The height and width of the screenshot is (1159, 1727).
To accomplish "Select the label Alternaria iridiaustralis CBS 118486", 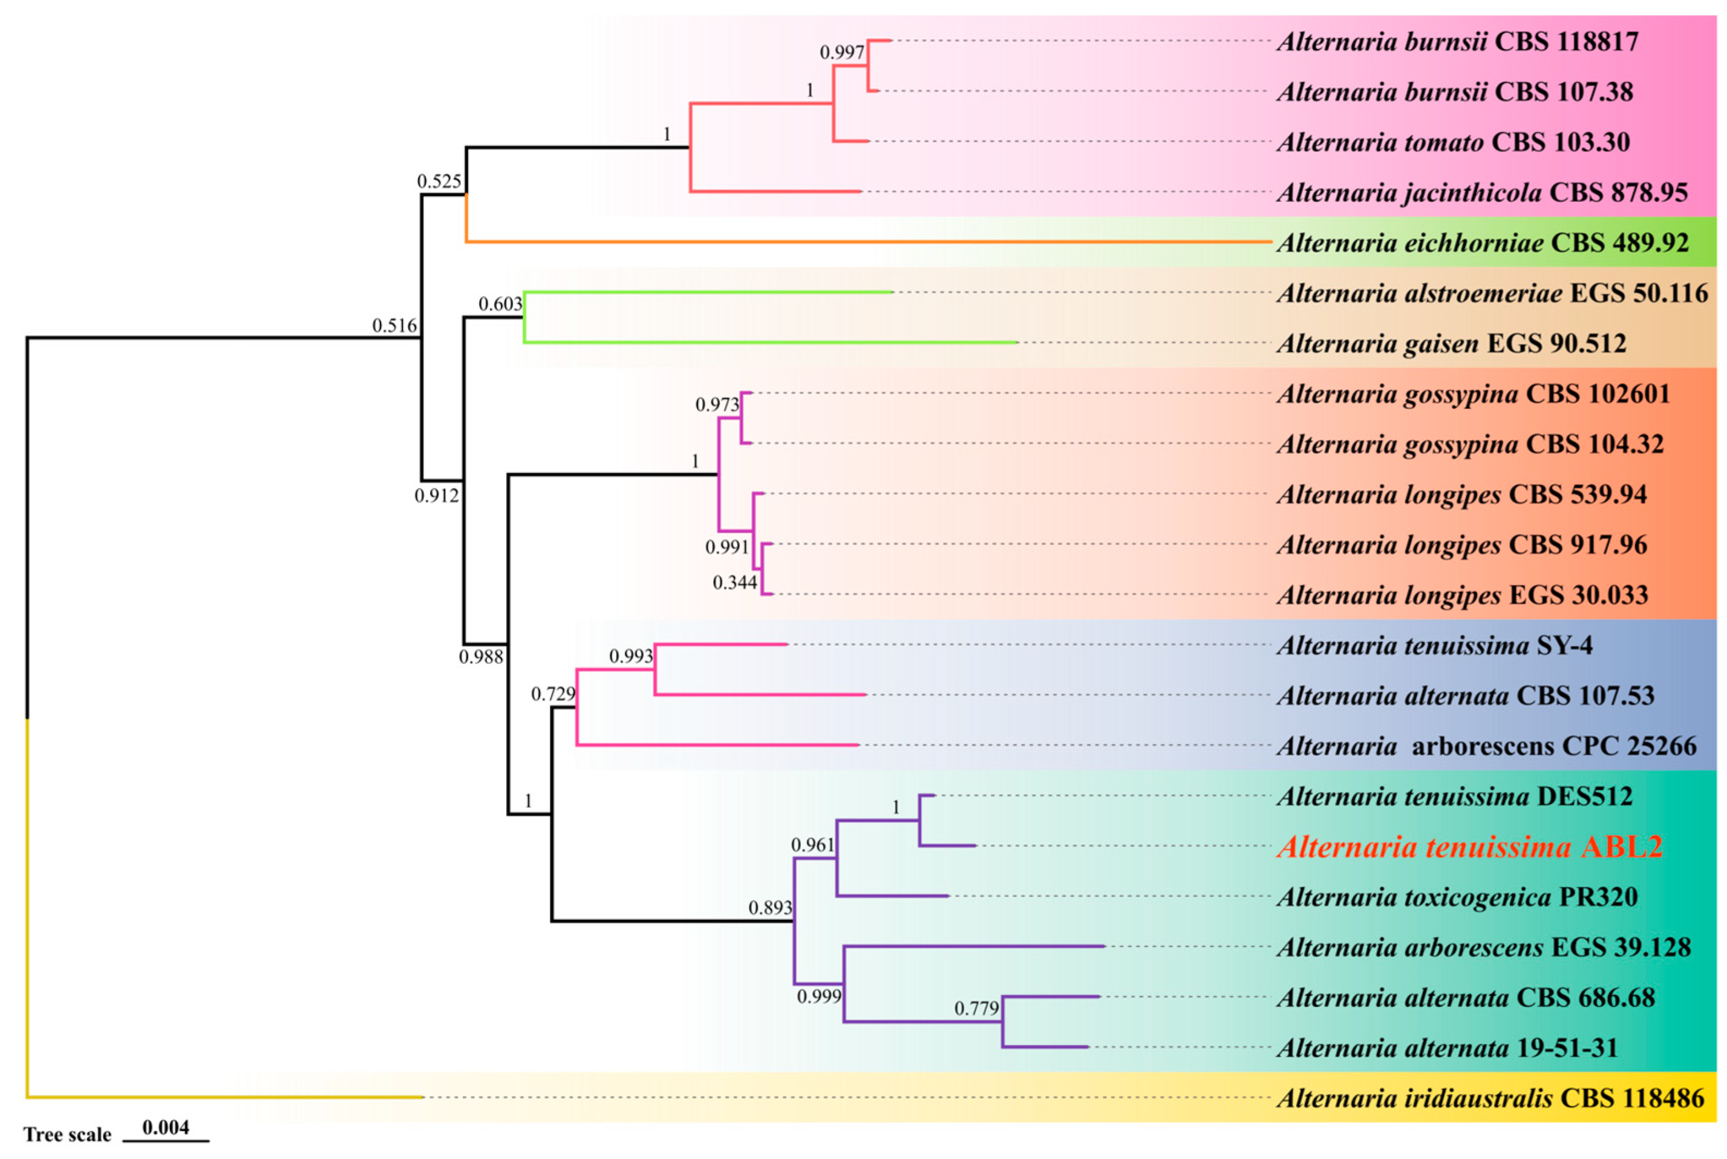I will click(x=1490, y=1098).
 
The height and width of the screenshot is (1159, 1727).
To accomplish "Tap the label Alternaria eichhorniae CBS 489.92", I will click(x=1483, y=243).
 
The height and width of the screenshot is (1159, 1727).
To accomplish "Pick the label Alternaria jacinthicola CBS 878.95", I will click(x=1483, y=193).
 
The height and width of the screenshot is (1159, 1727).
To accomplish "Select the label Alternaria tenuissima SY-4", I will click(x=1434, y=646).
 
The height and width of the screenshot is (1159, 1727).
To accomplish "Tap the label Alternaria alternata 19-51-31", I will click(x=1448, y=1048).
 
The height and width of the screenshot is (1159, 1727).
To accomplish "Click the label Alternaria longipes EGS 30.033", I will click(x=1463, y=596).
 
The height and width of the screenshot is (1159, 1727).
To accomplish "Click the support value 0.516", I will click(x=394, y=326).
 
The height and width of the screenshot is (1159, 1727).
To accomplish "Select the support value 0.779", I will click(x=976, y=1009).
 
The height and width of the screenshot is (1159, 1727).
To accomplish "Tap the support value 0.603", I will click(x=500, y=304).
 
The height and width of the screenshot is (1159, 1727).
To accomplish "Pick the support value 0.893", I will click(x=769, y=908).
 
